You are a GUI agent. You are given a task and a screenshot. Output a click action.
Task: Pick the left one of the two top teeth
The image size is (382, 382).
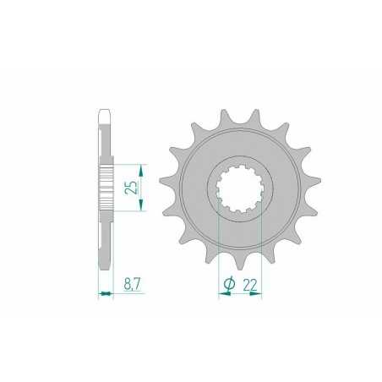(x=224, y=116)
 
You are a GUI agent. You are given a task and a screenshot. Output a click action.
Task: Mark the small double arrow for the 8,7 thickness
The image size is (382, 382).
(x=106, y=294)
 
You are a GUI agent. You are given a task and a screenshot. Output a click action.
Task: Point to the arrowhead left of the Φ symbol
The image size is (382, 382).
(x=221, y=295)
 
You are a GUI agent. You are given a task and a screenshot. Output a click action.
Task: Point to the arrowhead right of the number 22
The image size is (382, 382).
(x=259, y=295)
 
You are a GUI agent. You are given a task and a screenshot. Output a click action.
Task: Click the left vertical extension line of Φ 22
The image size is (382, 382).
(x=219, y=254)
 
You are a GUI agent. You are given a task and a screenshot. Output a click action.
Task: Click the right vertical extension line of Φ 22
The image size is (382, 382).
(x=263, y=254)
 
